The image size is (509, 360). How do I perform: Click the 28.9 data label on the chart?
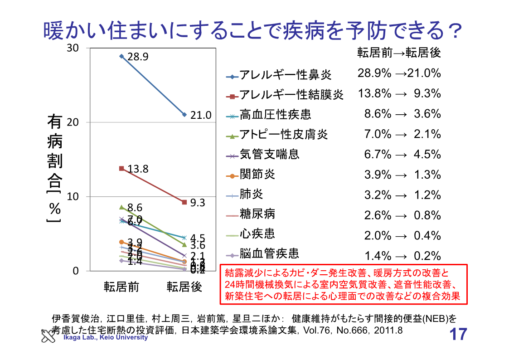[138, 57]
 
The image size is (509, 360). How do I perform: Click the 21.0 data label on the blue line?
[201, 116]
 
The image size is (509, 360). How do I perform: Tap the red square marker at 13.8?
[121, 169]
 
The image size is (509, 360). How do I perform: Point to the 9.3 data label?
[198, 203]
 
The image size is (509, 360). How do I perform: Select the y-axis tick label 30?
[72, 48]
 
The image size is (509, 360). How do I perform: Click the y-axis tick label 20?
[72, 122]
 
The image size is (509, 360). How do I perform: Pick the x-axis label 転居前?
[121, 287]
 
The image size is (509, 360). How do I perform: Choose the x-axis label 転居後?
[184, 287]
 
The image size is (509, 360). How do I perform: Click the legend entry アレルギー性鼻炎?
[285, 75]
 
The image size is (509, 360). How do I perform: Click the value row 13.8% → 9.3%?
[399, 94]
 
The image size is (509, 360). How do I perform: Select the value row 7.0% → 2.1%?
[402, 134]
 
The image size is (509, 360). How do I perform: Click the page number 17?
[458, 335]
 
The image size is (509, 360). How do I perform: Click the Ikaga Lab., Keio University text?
[105, 337]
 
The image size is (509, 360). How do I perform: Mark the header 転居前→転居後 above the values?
[399, 53]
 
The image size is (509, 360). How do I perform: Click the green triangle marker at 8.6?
[121, 207]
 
